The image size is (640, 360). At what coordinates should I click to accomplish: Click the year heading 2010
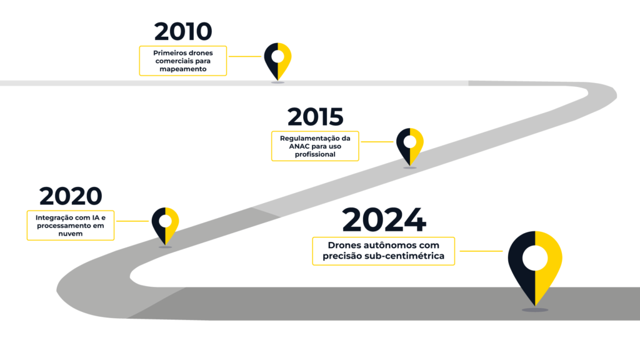coord(183,32)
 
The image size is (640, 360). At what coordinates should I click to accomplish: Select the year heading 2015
coord(315,117)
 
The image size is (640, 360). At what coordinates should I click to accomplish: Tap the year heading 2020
coord(70,196)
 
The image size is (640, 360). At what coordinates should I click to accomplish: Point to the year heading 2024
coord(384,220)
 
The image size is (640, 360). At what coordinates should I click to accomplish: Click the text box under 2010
coord(182,61)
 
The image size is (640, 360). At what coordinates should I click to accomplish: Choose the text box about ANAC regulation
coord(315,146)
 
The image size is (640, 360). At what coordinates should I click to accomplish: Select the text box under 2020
coord(70,225)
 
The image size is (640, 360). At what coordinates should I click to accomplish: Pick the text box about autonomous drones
coord(383,251)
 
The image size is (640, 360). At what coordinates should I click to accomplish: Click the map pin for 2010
coord(277,59)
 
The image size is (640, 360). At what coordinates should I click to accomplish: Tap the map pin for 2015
coord(409,145)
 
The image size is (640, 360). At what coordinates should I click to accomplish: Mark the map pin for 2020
coord(165,224)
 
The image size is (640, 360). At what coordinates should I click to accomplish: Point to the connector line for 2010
coord(244,56)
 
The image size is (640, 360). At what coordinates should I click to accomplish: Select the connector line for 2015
coord(377,141)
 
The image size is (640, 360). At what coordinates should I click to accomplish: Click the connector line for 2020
coord(132,221)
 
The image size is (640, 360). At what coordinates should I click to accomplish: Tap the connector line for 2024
coord(480,251)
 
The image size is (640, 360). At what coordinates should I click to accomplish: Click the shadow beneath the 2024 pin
coord(535,309)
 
